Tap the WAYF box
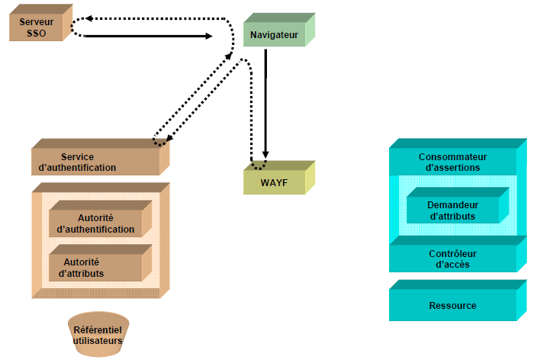tap(273, 182)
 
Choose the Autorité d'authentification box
tap(96, 223)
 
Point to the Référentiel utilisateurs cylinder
tap(98, 335)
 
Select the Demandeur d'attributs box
tap(452, 210)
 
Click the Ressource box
tap(452, 305)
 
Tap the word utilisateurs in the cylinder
tap(98, 340)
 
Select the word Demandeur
tap(452, 204)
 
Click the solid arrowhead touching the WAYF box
tap(265, 157)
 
